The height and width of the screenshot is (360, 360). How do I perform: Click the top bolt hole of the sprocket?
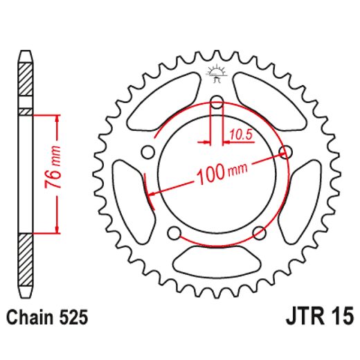216,105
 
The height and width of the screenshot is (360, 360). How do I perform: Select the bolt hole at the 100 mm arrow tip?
284,152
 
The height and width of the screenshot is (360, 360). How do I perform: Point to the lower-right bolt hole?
258,231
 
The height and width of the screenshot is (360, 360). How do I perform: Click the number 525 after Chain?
73,318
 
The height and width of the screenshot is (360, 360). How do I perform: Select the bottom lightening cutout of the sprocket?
216,261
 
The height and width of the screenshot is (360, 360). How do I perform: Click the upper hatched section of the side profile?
26,83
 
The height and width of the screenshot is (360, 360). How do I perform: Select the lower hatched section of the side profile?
26,260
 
